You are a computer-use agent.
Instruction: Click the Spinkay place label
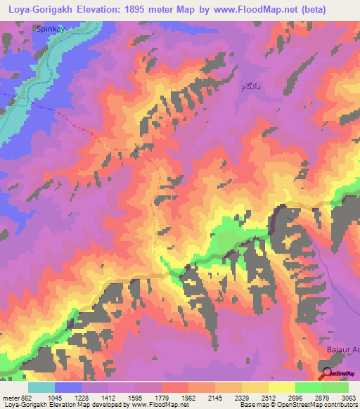pyautogui.click(x=50, y=30)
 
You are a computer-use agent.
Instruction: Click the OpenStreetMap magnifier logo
pyautogui.click(x=327, y=375)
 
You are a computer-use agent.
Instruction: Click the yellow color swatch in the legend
pyautogui.click(x=281, y=387)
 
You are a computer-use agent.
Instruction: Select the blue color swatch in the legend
pyautogui.click(x=68, y=387)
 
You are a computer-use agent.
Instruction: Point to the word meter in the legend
pyautogui.click(x=10, y=398)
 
